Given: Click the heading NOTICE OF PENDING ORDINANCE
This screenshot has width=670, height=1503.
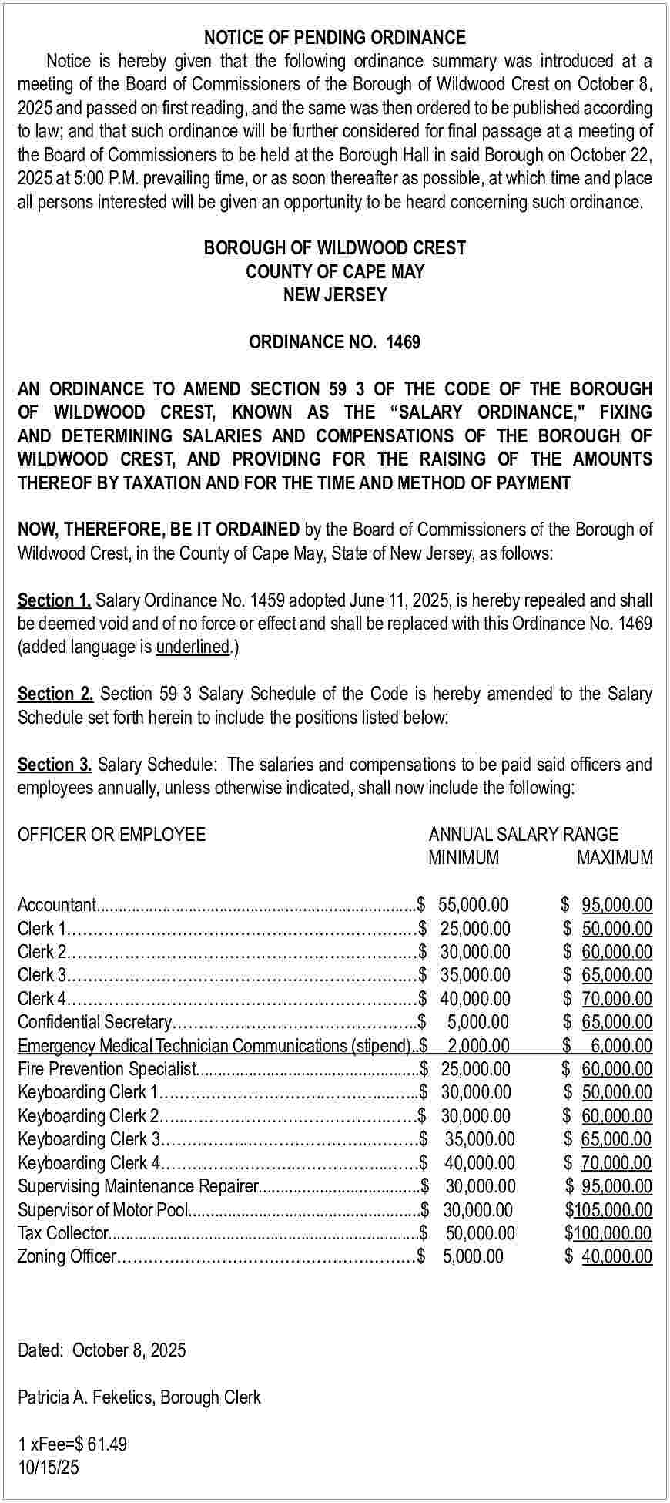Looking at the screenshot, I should [334, 38].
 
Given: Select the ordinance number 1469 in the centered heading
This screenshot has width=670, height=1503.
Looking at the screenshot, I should [403, 342].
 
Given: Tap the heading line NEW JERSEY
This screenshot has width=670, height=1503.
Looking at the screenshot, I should [334, 295].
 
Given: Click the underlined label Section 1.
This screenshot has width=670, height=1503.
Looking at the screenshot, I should [55, 600].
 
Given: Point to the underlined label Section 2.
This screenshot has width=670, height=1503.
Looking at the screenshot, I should [55, 694].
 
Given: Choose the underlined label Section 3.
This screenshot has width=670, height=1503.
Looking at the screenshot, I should [55, 765].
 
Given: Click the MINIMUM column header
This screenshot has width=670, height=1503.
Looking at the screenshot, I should [464, 858].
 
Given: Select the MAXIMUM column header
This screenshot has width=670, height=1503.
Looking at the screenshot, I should [615, 858].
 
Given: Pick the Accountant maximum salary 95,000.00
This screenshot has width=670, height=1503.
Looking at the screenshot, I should [617, 905].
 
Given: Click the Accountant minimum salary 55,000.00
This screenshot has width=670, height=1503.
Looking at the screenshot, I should [473, 905].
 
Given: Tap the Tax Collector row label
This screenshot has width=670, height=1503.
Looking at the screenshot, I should [63, 1233].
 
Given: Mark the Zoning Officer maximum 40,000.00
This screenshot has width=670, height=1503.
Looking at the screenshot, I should [617, 1256].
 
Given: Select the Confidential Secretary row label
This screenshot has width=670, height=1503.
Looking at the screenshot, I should [94, 1022].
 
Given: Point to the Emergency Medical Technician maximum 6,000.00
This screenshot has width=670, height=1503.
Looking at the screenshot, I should [621, 1046].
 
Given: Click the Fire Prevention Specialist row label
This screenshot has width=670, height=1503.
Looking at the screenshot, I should [107, 1069].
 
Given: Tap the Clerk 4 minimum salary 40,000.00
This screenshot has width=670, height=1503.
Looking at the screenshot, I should [475, 999].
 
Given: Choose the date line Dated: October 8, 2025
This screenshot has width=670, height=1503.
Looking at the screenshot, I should [102, 1350].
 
